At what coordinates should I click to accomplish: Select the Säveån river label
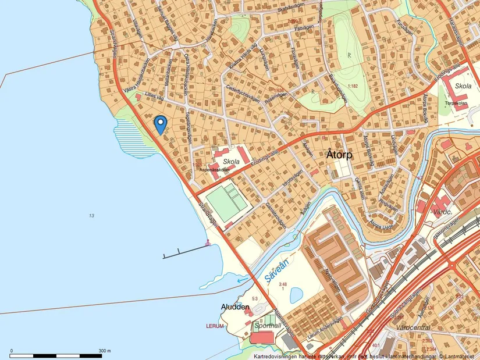[x=276, y=270]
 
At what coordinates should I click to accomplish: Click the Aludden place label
[x=234, y=306]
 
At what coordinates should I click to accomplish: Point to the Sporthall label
[x=266, y=326]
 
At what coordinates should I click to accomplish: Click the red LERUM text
[x=215, y=326]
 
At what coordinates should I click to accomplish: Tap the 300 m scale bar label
[x=105, y=351]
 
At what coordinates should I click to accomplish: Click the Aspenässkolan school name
[x=214, y=169]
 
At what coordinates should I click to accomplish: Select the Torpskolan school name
[x=456, y=104]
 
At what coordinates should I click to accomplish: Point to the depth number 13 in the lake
[x=91, y=216]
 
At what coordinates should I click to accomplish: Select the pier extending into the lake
[x=185, y=252]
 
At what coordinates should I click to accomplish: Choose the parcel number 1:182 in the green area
[x=353, y=86]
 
